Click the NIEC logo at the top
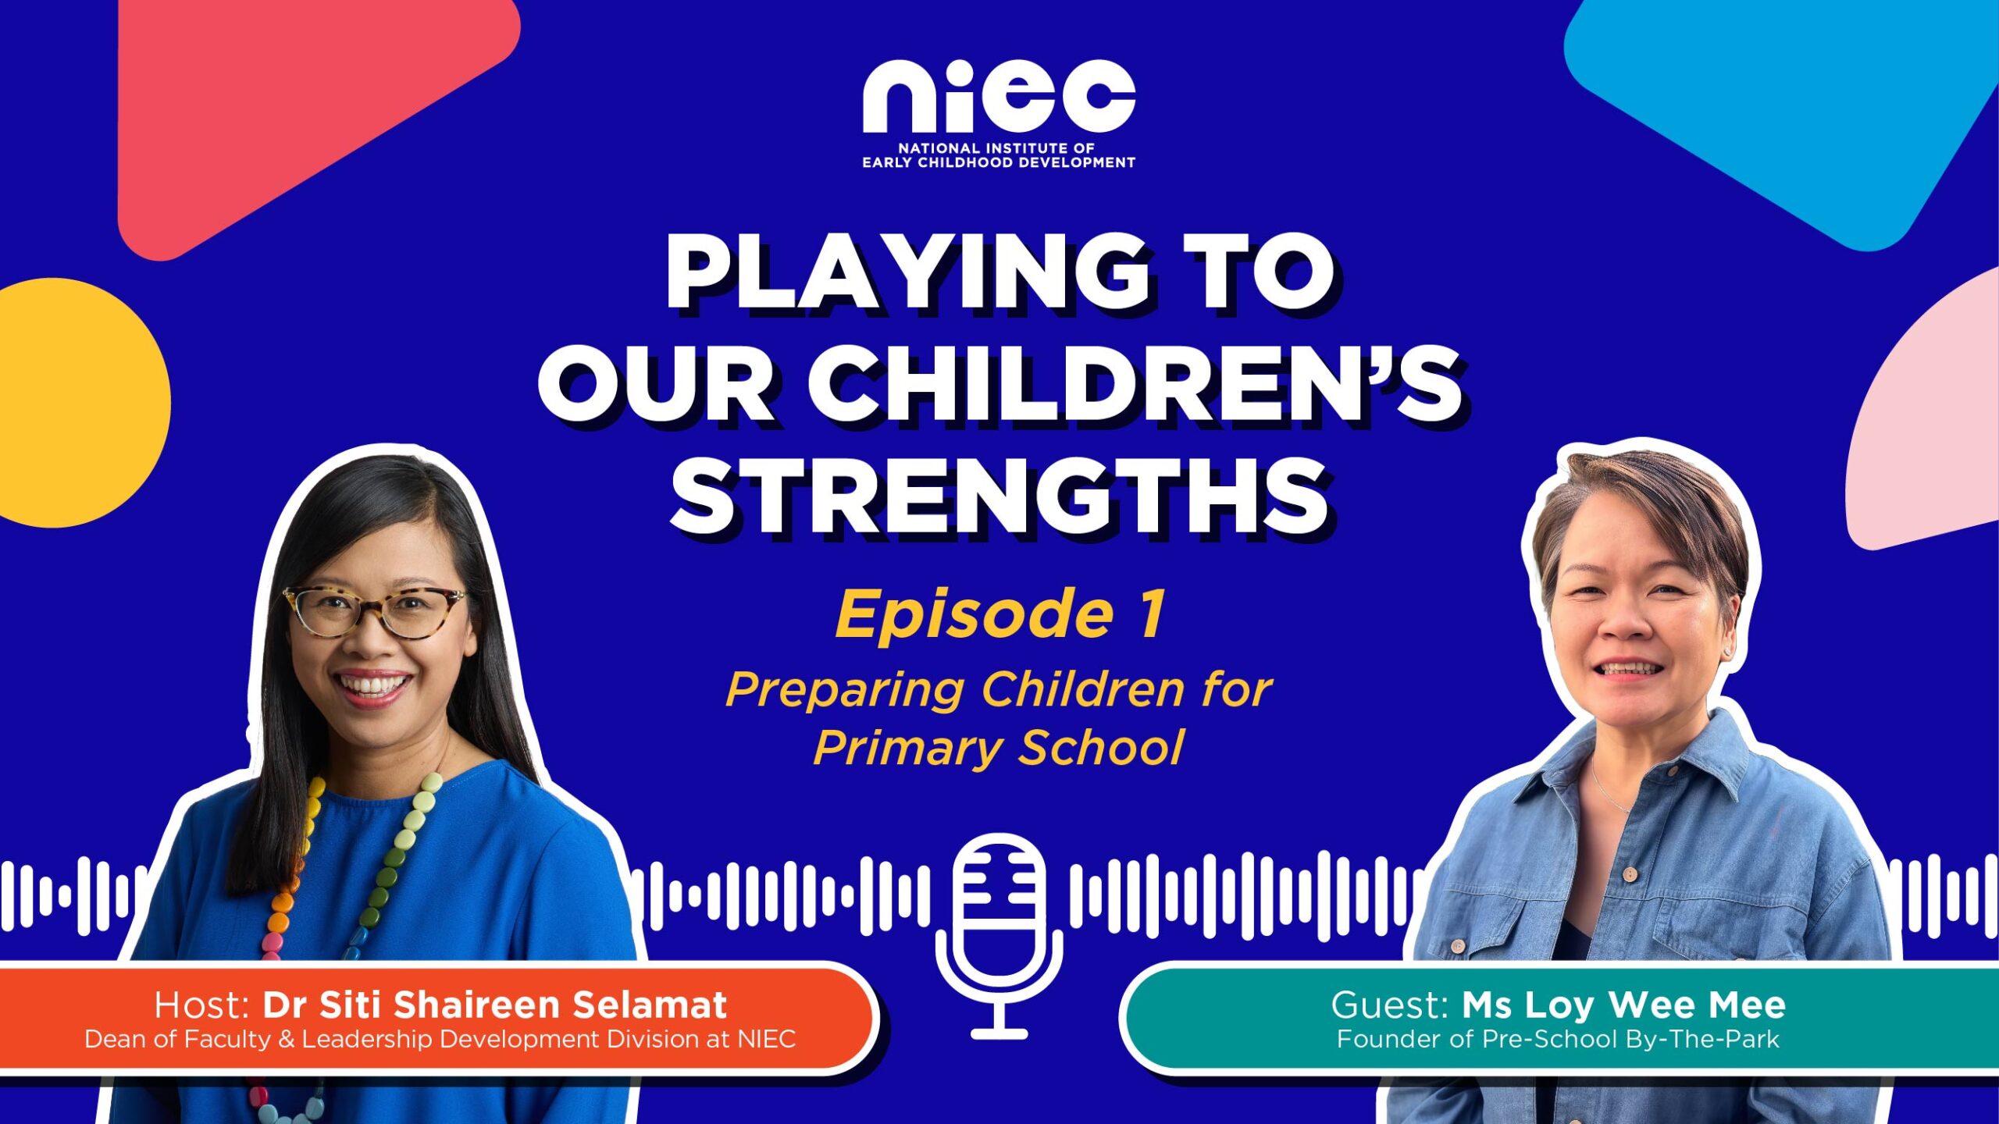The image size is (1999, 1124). [x=999, y=113]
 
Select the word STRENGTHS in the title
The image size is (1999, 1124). [x=1000, y=496]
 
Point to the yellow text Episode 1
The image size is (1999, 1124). [x=1000, y=615]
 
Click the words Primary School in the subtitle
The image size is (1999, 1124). [x=999, y=748]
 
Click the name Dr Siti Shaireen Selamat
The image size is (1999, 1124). [x=495, y=1005]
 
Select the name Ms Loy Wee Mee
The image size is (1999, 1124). [x=1624, y=1005]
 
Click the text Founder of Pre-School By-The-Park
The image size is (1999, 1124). [x=1559, y=1040]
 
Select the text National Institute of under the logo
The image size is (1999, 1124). [x=996, y=148]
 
